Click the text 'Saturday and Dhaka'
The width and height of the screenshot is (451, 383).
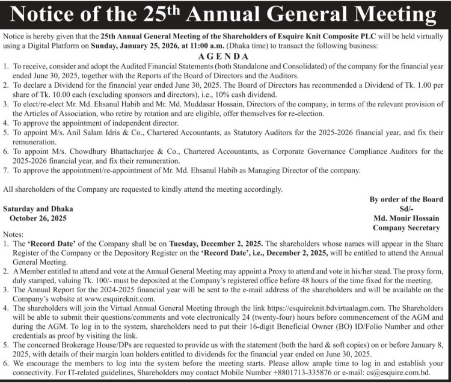point(38,209)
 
